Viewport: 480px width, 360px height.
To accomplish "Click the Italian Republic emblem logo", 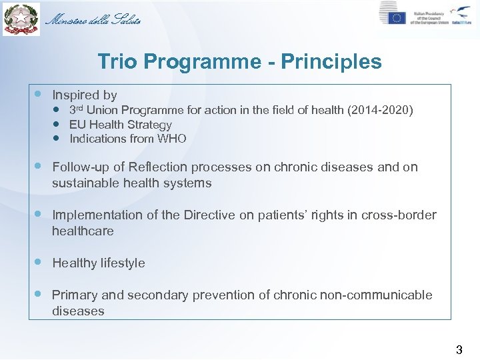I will coord(20,19).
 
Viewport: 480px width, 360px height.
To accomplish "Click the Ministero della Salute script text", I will coord(93,19).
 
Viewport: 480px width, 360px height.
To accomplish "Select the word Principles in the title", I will coord(331,62).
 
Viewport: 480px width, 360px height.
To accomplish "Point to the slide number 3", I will coord(458,349).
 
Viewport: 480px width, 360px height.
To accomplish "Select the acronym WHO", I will coord(172,139).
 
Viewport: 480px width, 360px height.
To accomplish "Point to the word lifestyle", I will coord(122,263).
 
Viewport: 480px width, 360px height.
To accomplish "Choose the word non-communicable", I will coord(379,295).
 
